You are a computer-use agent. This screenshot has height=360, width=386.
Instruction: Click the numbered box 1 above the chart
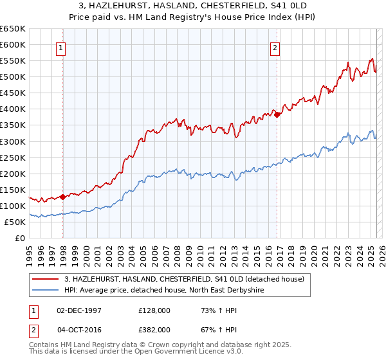60,47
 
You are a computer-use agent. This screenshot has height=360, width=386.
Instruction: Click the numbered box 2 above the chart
275,47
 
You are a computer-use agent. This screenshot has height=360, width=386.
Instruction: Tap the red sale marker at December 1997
62,197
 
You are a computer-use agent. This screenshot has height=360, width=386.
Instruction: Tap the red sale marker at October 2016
277,115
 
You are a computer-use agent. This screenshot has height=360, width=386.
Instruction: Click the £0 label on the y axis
20,238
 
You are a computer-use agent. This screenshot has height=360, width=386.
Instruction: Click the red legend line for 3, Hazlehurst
46,278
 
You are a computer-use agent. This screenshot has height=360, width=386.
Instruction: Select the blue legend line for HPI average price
46,290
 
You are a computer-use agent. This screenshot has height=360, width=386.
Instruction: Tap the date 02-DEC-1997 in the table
79,310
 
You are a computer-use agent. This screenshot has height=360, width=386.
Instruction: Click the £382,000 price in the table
154,329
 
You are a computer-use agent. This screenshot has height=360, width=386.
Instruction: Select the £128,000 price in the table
154,310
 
